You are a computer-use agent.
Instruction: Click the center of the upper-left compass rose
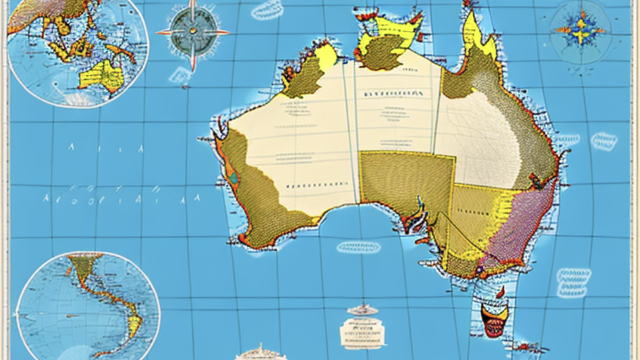click(193, 31)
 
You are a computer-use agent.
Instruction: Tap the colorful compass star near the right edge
click(580, 30)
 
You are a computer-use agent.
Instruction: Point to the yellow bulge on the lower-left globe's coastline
click(134, 322)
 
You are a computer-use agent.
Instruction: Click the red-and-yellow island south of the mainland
click(494, 318)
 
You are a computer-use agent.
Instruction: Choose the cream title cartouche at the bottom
click(362, 332)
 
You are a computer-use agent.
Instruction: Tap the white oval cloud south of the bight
click(358, 247)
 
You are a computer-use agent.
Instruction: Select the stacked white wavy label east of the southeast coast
click(573, 282)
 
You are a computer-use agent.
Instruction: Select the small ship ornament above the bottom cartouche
click(362, 310)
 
